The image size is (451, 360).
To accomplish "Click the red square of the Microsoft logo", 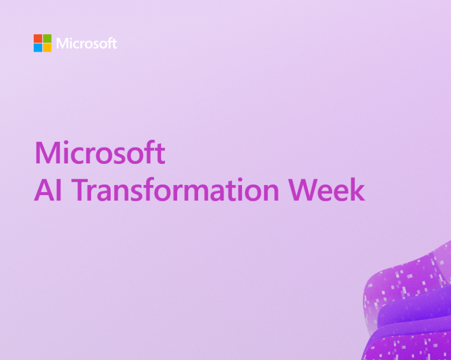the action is click(x=38, y=38).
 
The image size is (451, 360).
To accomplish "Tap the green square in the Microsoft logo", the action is click(x=47, y=38).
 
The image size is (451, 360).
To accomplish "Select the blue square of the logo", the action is click(x=38, y=47).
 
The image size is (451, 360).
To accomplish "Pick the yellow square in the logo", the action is click(x=47, y=47).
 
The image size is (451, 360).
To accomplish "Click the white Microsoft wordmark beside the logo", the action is click(x=87, y=43).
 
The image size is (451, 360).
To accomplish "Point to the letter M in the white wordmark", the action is click(x=62, y=44).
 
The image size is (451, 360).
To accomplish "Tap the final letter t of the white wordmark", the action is click(x=114, y=44).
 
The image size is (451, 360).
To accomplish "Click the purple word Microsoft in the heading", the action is click(x=100, y=152).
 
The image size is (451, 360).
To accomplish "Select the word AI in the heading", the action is click(x=48, y=190).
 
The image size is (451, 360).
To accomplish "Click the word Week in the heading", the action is click(x=327, y=190).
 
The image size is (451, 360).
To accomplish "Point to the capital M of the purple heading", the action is click(x=47, y=153).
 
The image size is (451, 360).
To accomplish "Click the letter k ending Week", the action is click(x=358, y=189).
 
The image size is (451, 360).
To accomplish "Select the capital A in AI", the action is click(x=45, y=190).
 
